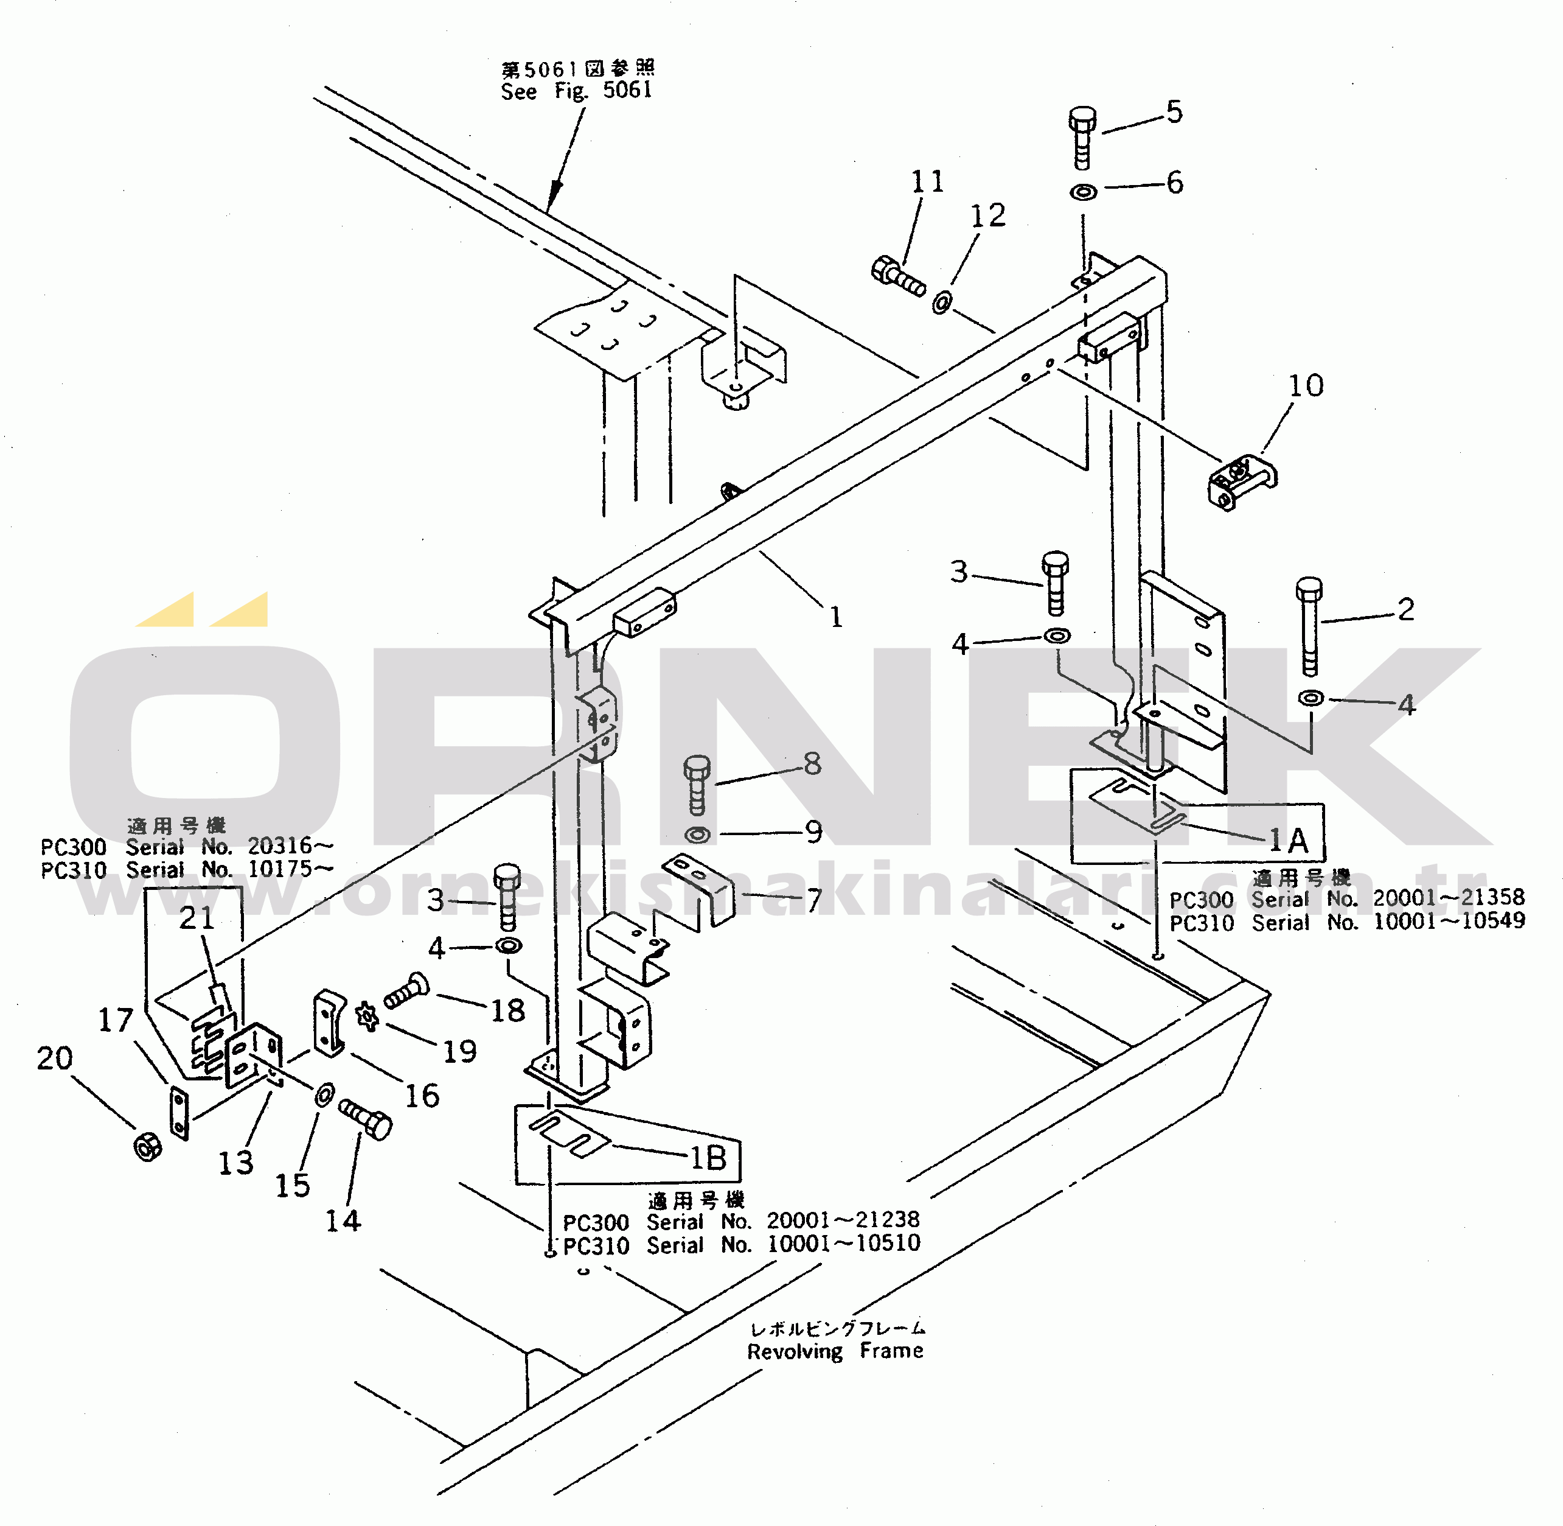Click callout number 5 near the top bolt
pos(1174,112)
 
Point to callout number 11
pos(928,182)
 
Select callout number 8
pos(812,764)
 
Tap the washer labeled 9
pos(697,835)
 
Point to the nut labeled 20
pos(147,1147)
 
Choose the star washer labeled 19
pos(367,1017)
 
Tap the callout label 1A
pos(1288,841)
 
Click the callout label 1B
pos(708,1157)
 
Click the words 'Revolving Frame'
pos(835,1351)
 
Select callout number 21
pos(197,919)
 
